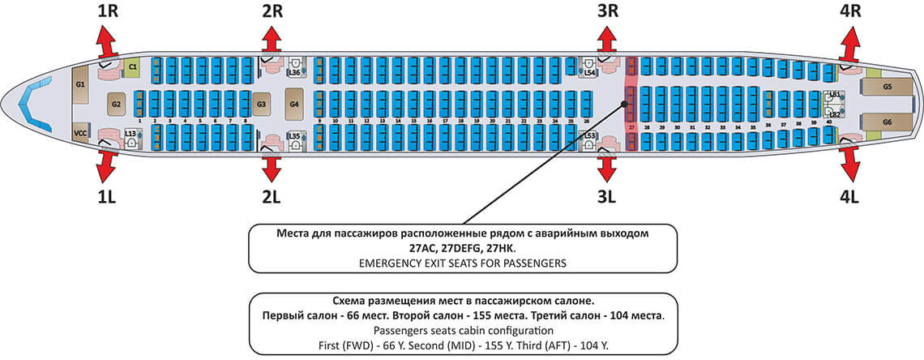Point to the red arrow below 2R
click(272, 40)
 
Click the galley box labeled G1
click(80, 84)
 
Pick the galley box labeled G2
click(116, 103)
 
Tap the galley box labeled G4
click(294, 104)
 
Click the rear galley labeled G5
click(888, 86)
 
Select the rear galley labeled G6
click(888, 122)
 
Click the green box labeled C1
click(133, 66)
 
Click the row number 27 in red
click(631, 127)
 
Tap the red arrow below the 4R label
click(850, 40)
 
